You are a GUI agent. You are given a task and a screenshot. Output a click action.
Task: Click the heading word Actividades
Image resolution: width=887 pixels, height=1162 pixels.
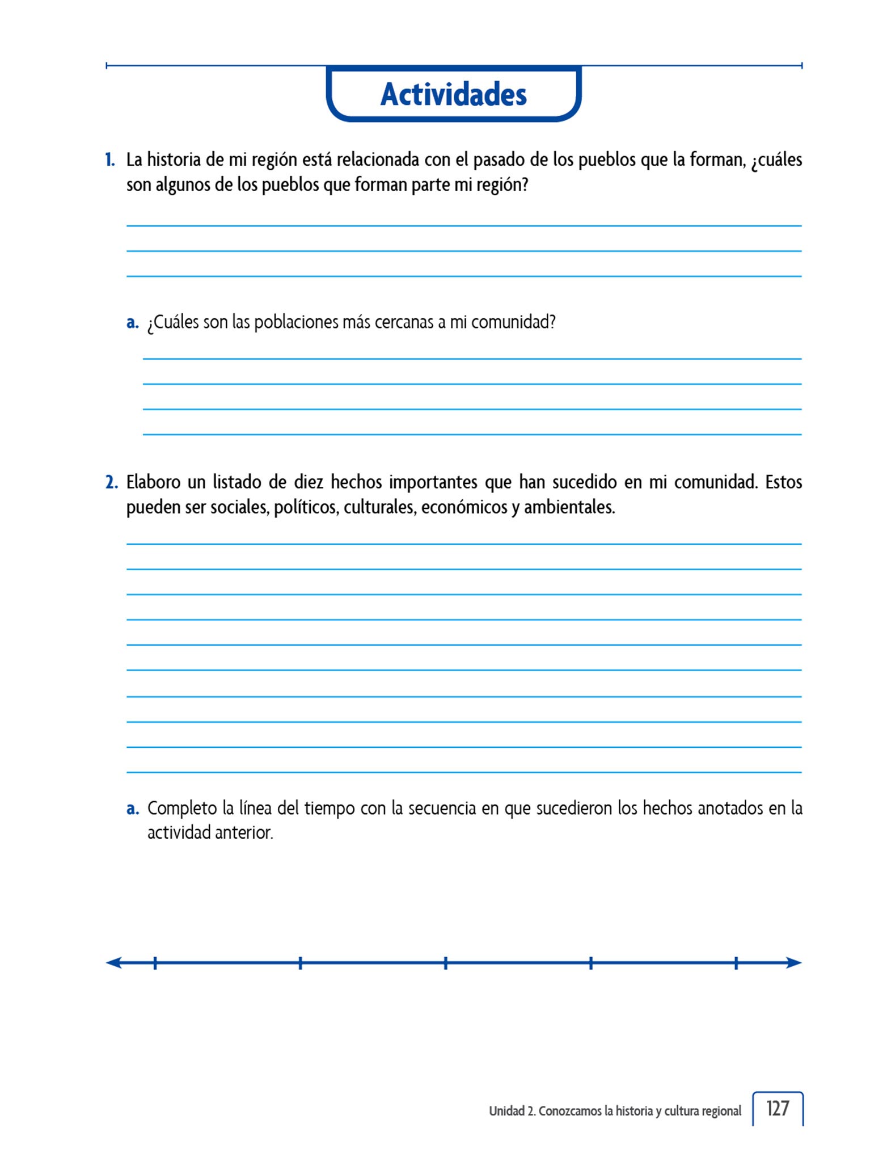453,94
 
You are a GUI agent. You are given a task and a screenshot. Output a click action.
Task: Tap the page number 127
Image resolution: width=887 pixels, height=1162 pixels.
777,1109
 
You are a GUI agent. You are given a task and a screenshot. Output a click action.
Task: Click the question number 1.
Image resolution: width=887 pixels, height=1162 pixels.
109,160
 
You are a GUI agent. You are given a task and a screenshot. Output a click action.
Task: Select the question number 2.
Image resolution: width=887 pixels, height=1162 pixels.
111,482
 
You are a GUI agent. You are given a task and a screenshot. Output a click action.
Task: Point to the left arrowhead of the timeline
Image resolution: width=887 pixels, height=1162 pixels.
113,963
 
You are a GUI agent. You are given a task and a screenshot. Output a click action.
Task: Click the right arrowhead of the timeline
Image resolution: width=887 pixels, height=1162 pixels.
794,963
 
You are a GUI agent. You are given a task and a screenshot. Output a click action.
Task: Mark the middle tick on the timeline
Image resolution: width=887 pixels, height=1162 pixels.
446,963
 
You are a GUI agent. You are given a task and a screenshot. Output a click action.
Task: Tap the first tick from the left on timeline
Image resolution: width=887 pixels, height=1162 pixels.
155,963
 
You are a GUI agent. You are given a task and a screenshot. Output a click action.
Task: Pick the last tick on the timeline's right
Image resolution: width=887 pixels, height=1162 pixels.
736,963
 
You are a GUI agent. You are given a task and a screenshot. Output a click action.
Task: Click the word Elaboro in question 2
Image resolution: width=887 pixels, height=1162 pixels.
153,482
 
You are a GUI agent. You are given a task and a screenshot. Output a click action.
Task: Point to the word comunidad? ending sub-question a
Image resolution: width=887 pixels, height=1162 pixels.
513,322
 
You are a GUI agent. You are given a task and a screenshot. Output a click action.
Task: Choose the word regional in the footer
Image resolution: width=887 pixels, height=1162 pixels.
721,1111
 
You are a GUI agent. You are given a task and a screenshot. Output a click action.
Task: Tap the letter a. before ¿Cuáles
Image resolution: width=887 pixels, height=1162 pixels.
132,322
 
